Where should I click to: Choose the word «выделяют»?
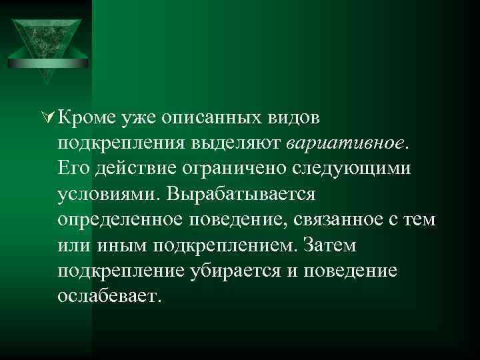point(245,143)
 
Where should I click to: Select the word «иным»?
point(122,245)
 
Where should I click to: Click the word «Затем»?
point(330,245)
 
